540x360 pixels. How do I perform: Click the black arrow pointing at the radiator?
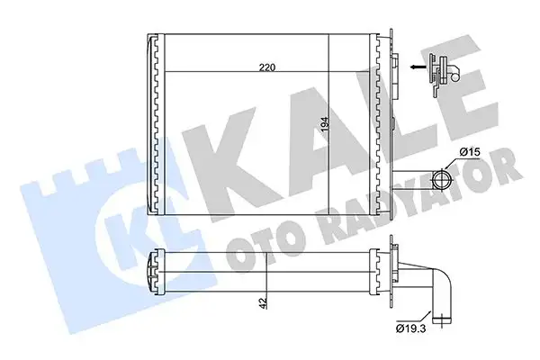click(x=417, y=66)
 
